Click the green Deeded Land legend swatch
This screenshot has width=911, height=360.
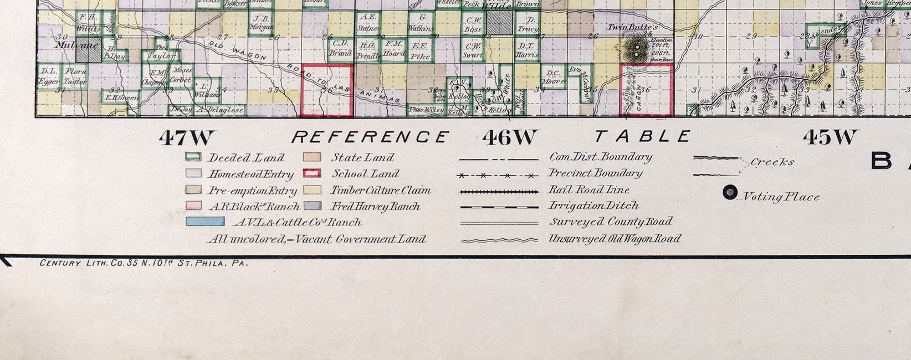pos(192,158)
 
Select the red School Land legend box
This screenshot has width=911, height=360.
pos(312,173)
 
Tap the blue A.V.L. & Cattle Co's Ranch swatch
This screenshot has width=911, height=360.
pos(205,222)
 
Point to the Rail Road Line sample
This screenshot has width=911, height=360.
pos(499,192)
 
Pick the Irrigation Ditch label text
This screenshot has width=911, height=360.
pos(593,205)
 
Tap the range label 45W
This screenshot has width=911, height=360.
pos(830,137)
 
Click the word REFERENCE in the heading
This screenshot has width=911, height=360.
pos(370,137)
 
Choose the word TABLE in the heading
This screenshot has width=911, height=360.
pos(643,136)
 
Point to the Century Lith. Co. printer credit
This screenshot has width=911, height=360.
pos(144,263)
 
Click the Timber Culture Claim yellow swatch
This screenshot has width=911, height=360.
pos(312,190)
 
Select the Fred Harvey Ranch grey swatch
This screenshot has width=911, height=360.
pos(312,206)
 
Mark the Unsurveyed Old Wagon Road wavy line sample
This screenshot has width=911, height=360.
pos(499,240)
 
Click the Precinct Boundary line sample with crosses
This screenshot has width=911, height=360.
pos(499,176)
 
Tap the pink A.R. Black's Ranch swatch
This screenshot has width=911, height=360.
pos(192,206)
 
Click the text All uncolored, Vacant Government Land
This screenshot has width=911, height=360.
pos(316,239)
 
